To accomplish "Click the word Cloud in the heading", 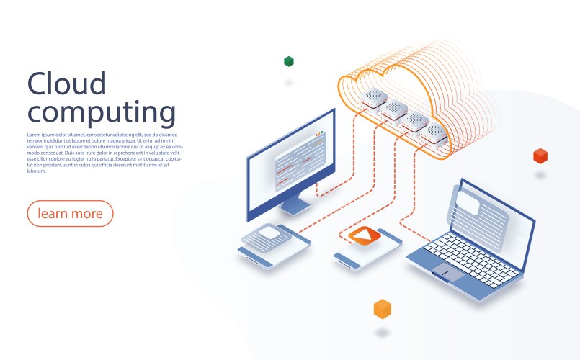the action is (67, 84).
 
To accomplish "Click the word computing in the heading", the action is (102, 112).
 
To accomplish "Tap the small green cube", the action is (289, 61).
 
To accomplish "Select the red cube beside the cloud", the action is (540, 156).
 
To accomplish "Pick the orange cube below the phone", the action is (383, 309).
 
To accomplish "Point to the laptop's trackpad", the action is (447, 271).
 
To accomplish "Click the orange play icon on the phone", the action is (365, 235).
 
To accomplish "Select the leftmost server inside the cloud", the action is (373, 99).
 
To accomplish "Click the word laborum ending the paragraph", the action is (36, 171).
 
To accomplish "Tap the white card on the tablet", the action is (269, 233).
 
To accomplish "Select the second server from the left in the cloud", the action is (394, 110).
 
